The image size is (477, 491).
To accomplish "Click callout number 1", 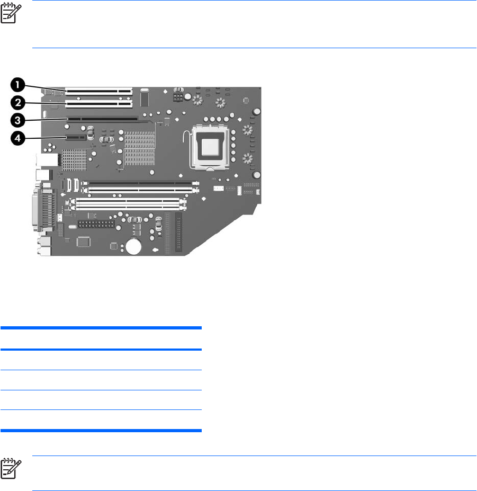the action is [17, 84].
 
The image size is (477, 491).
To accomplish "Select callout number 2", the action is [17, 102].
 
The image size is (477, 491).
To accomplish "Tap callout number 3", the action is [17, 120].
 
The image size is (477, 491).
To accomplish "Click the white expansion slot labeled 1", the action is [98, 91].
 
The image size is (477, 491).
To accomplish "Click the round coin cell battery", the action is [135, 245].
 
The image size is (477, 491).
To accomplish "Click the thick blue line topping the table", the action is [101, 328].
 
